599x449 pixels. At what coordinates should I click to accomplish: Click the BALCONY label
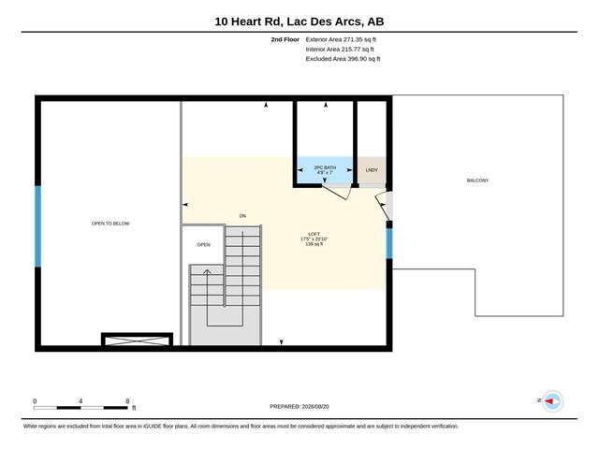tap(477, 181)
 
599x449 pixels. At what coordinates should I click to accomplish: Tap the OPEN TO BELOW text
tap(110, 224)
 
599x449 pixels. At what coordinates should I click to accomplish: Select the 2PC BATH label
tap(325, 167)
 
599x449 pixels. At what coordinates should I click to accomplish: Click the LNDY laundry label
tap(372, 170)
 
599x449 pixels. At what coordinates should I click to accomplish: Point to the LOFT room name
tap(314, 234)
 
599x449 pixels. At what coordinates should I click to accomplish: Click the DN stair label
tap(242, 216)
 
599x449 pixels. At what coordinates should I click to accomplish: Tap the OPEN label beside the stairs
tap(204, 245)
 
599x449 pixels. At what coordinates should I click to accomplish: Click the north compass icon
tap(552, 401)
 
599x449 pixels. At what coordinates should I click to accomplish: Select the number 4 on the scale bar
tap(80, 401)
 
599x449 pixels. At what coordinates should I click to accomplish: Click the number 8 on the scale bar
tap(127, 401)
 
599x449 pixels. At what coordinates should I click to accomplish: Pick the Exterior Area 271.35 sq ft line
tap(341, 39)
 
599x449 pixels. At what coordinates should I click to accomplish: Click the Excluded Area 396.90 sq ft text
tap(343, 59)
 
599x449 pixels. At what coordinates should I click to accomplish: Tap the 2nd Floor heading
tap(285, 39)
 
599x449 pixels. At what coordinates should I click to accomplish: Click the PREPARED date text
tap(299, 407)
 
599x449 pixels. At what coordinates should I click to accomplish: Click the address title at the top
tap(299, 22)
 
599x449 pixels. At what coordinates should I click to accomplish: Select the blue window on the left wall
tap(37, 226)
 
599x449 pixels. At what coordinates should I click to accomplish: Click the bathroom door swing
tap(336, 193)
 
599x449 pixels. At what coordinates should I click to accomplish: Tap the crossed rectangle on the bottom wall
tap(137, 340)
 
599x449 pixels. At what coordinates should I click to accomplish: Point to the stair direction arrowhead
tap(207, 272)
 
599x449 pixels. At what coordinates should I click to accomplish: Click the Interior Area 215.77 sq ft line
tap(340, 50)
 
